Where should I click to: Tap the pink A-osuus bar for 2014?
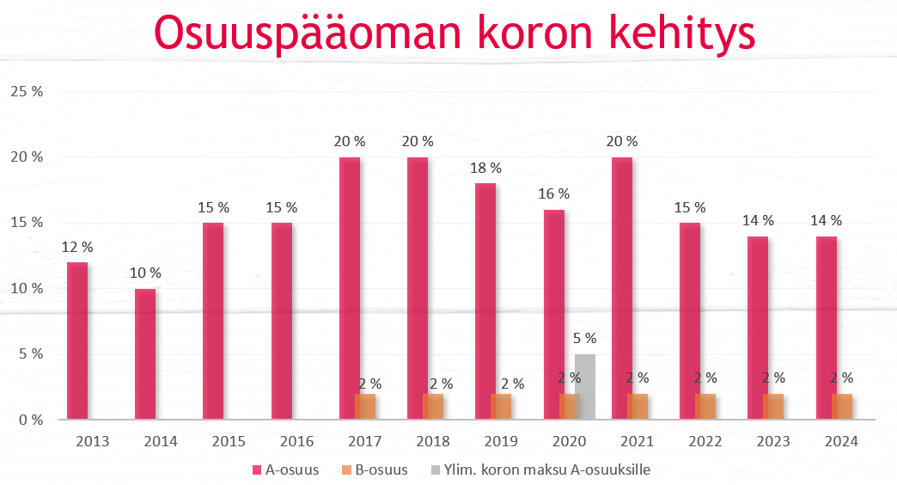(145, 354)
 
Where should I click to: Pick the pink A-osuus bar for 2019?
(485, 301)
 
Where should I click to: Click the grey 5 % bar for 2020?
(585, 387)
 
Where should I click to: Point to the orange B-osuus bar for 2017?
(365, 407)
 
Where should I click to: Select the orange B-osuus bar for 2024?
(842, 407)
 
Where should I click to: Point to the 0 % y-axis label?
(29, 420)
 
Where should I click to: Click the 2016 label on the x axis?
(296, 442)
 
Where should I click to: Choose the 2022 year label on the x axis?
(705, 442)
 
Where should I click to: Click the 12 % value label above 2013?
(77, 248)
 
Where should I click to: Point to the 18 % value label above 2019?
(485, 169)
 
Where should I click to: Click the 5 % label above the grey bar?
(585, 339)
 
